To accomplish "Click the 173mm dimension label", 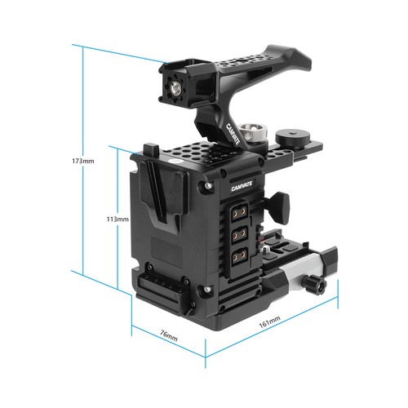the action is (83, 161).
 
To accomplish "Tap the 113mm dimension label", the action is (118, 219).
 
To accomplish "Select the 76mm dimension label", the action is (169, 335).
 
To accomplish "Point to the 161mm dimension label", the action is (269, 322).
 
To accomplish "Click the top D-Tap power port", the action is (238, 212).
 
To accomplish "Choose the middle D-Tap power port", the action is (238, 233).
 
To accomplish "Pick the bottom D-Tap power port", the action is (238, 255).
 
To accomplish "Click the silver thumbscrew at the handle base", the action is (252, 131).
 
